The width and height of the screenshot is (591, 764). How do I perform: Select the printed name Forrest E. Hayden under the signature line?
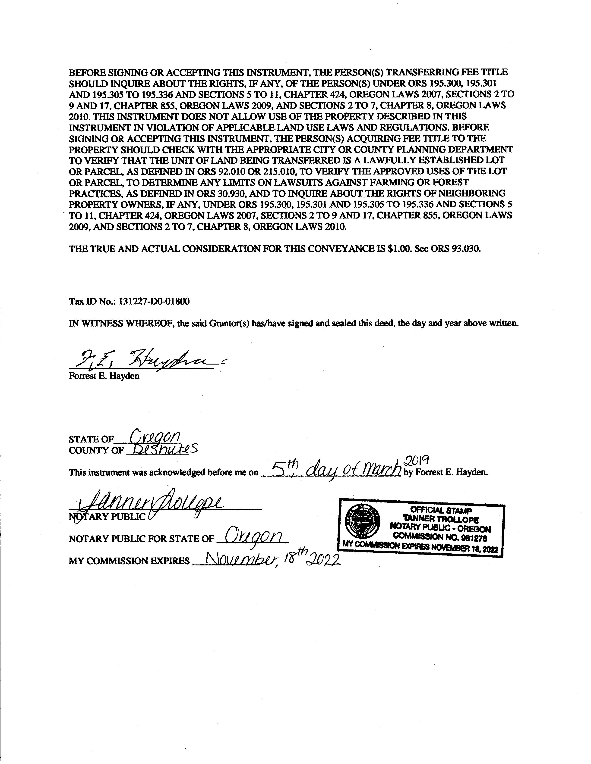click(x=104, y=376)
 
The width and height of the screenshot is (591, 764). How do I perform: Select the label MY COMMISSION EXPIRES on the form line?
click(x=129, y=561)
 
